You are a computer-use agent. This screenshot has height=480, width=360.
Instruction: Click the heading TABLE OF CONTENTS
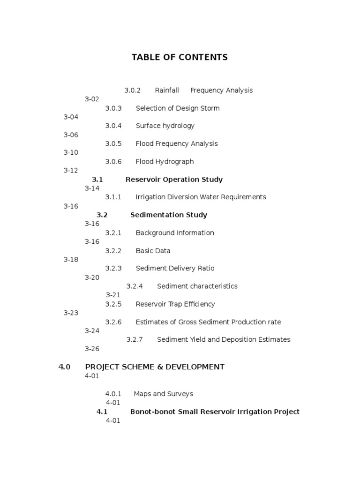(x=180, y=57)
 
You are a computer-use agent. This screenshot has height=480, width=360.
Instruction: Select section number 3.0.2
(x=133, y=90)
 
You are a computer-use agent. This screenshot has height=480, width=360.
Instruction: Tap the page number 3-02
(x=92, y=99)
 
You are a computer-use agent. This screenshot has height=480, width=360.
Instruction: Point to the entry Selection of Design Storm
(x=178, y=108)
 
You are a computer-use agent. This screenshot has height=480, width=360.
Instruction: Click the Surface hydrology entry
(x=165, y=126)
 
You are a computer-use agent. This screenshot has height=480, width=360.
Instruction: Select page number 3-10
(x=71, y=152)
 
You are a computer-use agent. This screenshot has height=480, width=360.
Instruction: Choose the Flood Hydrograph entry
(x=165, y=162)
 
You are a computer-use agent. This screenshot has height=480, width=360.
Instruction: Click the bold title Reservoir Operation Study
(x=174, y=180)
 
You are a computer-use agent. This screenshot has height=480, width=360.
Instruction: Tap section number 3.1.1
(x=113, y=197)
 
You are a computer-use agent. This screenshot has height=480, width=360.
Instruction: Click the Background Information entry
(x=175, y=233)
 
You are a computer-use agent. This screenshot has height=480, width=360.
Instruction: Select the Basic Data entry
(x=153, y=251)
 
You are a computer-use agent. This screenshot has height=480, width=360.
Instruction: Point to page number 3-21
(x=113, y=295)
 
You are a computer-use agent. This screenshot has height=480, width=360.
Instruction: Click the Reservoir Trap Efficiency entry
(x=175, y=304)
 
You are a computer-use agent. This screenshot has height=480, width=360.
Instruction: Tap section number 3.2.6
(x=113, y=322)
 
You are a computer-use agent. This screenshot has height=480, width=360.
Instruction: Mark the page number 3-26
(x=92, y=348)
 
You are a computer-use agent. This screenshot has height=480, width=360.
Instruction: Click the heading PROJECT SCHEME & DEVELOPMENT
(x=155, y=367)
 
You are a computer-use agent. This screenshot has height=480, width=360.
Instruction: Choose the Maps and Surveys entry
(x=163, y=394)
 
